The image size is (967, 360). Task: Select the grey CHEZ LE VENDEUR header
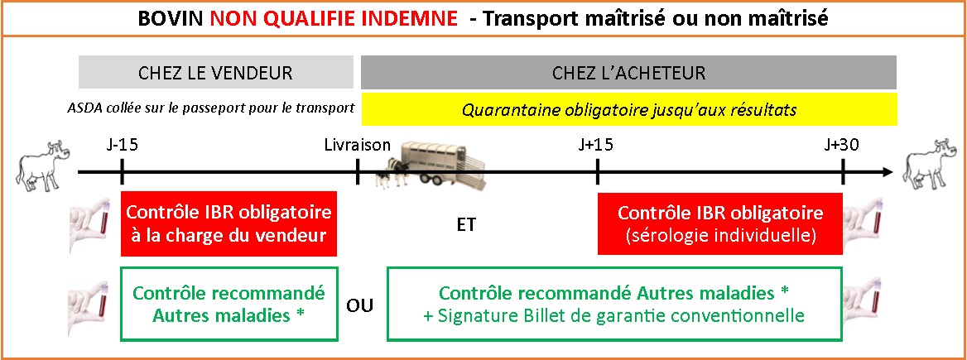pos(216,73)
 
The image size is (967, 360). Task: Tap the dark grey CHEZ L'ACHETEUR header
pos(628,73)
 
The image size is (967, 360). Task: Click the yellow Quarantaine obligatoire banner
pos(629,110)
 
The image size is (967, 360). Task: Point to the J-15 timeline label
pos(122,146)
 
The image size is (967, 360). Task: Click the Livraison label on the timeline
pos(358,146)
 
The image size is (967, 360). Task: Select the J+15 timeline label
pos(596,146)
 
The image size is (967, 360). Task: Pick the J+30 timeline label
pos(842,146)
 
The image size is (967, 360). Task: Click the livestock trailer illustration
pos(431,166)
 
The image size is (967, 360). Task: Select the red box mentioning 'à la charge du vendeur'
pos(229,223)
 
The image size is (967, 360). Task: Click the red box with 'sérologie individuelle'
pos(719,223)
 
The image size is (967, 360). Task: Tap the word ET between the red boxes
pos(466,225)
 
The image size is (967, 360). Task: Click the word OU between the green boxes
pos(360,305)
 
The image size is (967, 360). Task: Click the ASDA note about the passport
pos(212,108)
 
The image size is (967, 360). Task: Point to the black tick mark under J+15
pos(597,172)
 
